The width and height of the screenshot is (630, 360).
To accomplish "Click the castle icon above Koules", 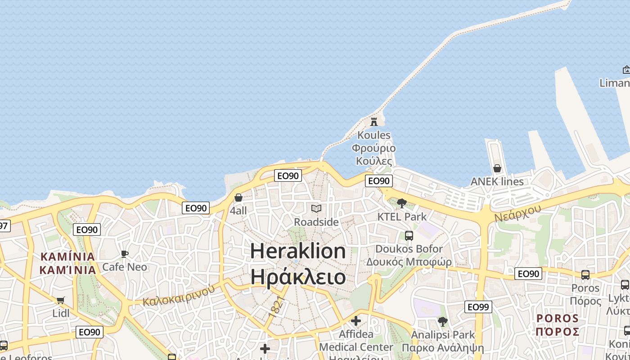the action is pos(373,121).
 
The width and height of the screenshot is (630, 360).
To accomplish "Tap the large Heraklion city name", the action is pos(298,251).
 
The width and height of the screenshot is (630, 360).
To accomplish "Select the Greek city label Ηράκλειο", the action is pos(298,277).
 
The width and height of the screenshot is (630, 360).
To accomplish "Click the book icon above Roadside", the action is pos(316,208).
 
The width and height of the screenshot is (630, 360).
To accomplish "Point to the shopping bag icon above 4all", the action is pos(238,198).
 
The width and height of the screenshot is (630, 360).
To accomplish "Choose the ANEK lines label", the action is pos(497,182).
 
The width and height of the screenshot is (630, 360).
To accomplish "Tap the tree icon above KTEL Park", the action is pos(402,203).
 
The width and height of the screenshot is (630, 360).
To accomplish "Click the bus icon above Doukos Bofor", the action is pos(409,235).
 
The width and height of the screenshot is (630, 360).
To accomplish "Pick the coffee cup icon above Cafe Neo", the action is pos(125,254).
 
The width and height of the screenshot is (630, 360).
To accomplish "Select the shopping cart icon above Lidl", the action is pos(61,300).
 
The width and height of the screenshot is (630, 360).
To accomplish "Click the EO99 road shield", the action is pos(478,307).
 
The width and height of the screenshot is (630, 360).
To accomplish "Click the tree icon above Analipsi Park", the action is pos(442,322).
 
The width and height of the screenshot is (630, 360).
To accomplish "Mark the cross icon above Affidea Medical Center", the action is pos(356,321).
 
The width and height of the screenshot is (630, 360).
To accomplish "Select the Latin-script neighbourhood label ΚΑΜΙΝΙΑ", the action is pos(68,257).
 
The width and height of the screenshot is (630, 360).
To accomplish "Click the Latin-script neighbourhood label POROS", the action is pos(558,319).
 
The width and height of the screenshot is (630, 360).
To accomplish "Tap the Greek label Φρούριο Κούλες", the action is pos(373,154).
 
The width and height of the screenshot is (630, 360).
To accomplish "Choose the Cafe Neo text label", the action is pos(125,267).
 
